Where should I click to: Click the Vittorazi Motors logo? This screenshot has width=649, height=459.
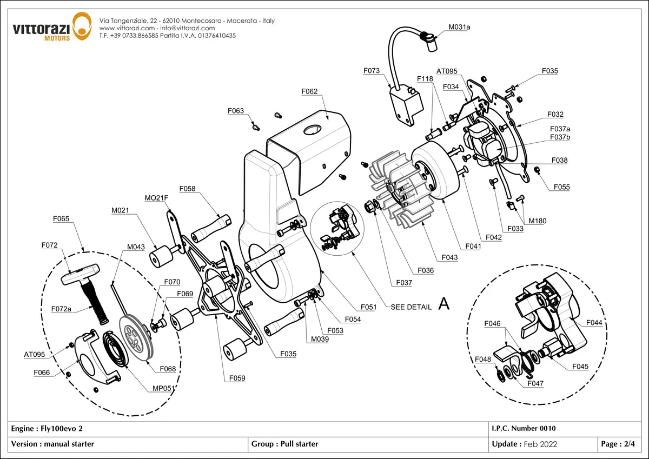(x=52, y=26)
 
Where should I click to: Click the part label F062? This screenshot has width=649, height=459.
(x=309, y=91)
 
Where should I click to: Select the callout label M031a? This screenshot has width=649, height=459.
(x=459, y=27)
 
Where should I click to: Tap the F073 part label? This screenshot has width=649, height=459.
(x=372, y=71)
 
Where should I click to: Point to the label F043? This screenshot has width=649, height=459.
(x=449, y=257)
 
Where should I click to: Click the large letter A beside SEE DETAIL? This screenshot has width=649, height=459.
(x=444, y=304)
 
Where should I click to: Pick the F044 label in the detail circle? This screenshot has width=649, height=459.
(x=594, y=323)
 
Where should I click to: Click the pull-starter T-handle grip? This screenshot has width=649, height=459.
(x=80, y=274)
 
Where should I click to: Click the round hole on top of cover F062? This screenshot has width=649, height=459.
(x=313, y=130)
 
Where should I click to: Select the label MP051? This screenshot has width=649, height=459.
(x=164, y=388)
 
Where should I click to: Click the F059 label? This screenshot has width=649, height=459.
(x=237, y=378)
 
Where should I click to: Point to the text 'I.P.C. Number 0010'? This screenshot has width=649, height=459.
(x=524, y=428)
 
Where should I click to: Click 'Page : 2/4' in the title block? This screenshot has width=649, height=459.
(x=618, y=444)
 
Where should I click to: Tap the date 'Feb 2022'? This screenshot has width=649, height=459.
(x=541, y=444)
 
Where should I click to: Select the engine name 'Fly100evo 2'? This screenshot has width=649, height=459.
(x=62, y=429)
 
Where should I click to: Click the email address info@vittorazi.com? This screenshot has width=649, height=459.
(x=188, y=28)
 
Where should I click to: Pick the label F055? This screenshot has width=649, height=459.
(x=562, y=187)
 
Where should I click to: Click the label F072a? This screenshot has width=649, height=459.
(x=61, y=309)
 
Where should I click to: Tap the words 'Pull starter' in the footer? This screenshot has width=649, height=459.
(x=299, y=444)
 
